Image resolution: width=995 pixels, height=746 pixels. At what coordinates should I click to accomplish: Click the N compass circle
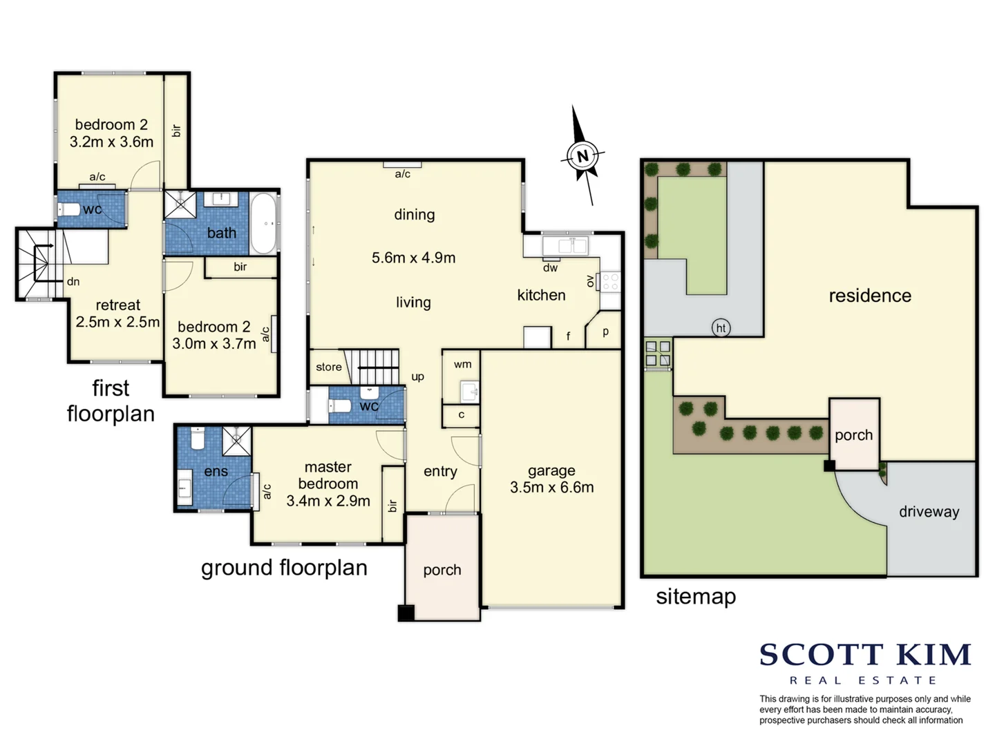pyautogui.click(x=582, y=156)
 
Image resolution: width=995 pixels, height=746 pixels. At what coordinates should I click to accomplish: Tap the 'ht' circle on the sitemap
pyautogui.click(x=721, y=328)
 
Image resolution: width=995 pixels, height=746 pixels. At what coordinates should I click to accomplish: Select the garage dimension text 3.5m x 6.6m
pyautogui.click(x=551, y=488)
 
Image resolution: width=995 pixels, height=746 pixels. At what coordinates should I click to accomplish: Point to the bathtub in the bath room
pyautogui.click(x=264, y=223)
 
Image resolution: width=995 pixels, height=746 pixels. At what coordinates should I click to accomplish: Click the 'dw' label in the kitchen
pyautogui.click(x=550, y=268)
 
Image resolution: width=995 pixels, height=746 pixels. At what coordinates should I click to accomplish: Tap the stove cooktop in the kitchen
pyautogui.click(x=611, y=282)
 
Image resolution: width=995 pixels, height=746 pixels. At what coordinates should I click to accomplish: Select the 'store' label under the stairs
pyautogui.click(x=329, y=367)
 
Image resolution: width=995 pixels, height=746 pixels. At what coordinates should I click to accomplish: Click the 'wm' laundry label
pyautogui.click(x=462, y=364)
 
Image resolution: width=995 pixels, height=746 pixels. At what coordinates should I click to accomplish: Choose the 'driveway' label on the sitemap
pyautogui.click(x=929, y=512)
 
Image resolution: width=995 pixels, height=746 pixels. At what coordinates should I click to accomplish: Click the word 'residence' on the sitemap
pyautogui.click(x=869, y=296)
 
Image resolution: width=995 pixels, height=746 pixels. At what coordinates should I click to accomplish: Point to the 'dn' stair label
pyautogui.click(x=73, y=282)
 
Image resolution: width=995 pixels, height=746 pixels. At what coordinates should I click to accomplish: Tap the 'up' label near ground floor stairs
pyautogui.click(x=417, y=376)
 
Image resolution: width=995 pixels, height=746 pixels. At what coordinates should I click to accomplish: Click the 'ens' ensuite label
pyautogui.click(x=216, y=472)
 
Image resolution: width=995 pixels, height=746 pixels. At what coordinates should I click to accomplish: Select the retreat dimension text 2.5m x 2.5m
pyautogui.click(x=117, y=322)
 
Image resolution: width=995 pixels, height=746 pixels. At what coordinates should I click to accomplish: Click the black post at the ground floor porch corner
pyautogui.click(x=406, y=613)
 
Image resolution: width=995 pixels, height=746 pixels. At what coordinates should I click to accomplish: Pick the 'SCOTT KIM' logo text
pyautogui.click(x=865, y=655)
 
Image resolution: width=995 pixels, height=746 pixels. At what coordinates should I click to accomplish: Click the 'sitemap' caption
pyautogui.click(x=695, y=596)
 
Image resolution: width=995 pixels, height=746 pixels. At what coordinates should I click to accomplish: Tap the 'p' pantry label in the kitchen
pyautogui.click(x=605, y=332)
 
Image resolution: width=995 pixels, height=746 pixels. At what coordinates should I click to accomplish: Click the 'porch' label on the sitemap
pyautogui.click(x=853, y=435)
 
